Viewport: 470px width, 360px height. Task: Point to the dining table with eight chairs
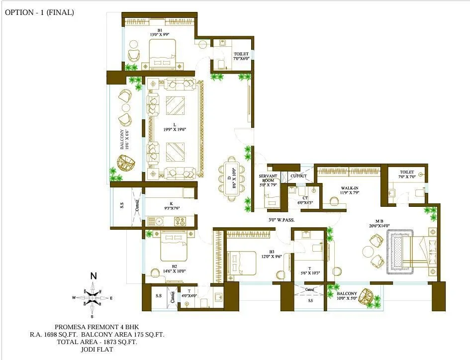coord(231,179)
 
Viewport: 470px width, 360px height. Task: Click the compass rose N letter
coord(93,276)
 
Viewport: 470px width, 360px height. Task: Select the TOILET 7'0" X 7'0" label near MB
coord(406,175)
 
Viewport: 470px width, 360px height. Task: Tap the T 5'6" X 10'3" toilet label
coord(309,269)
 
